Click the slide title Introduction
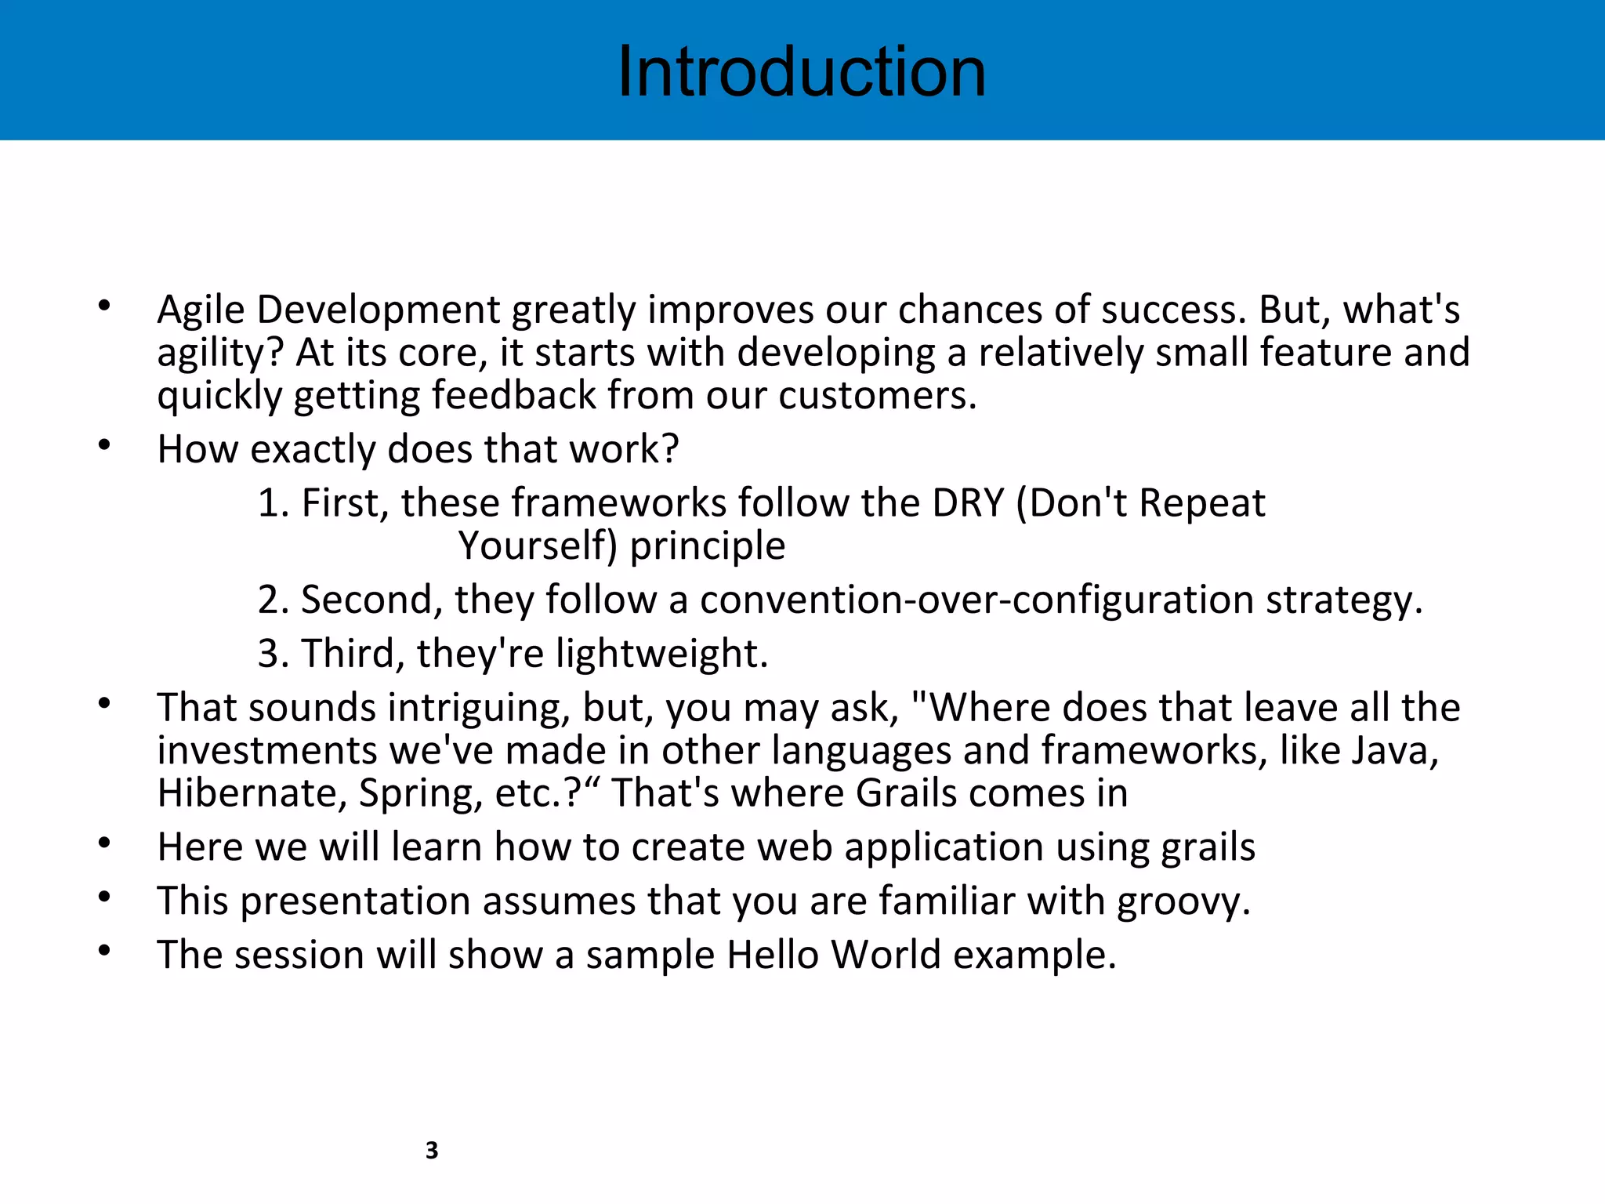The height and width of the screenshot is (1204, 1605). pos(801,72)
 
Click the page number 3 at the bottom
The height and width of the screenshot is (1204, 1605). pos(431,1150)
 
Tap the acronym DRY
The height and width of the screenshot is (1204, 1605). pos(967,503)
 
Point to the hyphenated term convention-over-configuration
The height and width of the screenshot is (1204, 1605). pos(976,600)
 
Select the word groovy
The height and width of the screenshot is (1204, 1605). pos(1182,902)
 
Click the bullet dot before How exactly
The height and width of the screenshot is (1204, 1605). pos(104,445)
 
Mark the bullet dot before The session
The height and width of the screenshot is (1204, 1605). pos(104,951)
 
